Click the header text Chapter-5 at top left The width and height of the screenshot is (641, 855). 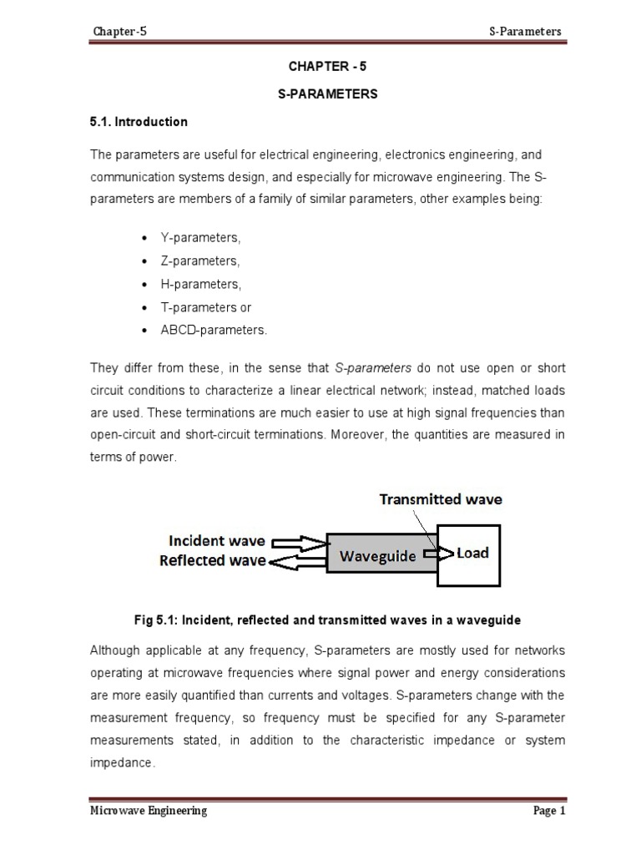pos(120,32)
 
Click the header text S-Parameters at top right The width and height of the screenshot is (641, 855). pos(525,32)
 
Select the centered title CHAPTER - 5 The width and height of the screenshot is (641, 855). pos(327,66)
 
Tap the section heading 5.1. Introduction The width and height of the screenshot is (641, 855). pos(139,122)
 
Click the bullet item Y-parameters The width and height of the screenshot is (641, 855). pos(200,238)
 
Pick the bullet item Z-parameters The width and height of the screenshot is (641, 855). pos(200,261)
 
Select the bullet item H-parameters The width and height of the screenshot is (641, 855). pos(200,285)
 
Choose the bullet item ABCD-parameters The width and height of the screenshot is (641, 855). pos(215,331)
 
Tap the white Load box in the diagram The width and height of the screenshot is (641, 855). pos(470,553)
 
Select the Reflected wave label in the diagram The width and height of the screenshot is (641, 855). pos(213,561)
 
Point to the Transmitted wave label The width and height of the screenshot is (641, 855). pos(441,500)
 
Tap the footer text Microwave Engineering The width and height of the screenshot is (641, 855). pos(149,811)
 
